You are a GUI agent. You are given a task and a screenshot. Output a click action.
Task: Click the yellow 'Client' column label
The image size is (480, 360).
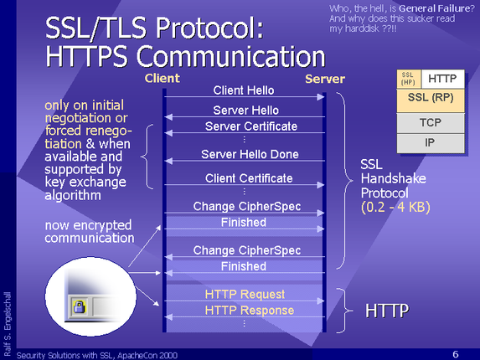[163, 79]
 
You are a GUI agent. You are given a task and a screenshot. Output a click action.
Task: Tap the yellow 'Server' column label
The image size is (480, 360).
[325, 80]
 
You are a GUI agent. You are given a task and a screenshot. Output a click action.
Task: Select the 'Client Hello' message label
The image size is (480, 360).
[244, 90]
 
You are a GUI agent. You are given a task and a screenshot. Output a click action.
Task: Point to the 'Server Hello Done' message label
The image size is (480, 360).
[250, 154]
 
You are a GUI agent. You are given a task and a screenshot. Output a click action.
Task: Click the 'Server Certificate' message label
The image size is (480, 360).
[251, 126]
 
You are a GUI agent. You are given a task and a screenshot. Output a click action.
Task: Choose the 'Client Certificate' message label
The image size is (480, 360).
[249, 178]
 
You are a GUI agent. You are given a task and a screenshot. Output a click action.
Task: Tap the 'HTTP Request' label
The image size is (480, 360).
[245, 294]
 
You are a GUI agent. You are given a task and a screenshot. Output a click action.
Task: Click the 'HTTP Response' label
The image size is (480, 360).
[250, 310]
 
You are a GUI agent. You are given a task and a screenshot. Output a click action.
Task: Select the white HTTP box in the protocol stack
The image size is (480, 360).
[442, 79]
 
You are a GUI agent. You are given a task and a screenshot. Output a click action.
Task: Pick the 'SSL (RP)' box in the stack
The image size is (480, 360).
[431, 100]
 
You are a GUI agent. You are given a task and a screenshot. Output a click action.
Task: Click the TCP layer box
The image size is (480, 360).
[431, 123]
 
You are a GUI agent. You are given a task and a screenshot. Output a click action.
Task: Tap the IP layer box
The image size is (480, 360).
[431, 143]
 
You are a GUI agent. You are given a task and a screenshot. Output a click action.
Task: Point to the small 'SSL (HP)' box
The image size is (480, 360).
[408, 79]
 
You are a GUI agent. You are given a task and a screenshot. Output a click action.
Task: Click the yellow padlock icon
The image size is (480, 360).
[80, 306]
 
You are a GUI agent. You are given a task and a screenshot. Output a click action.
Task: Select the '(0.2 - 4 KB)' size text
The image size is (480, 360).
[395, 207]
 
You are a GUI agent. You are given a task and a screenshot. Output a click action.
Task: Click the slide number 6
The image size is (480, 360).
[456, 354]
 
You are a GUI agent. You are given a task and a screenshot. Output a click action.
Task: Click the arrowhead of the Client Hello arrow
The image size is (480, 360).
[321, 97]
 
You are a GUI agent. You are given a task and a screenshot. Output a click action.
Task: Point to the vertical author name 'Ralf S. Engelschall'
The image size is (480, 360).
[8, 324]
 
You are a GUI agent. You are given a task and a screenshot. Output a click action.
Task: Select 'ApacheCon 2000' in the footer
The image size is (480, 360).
[147, 355]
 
